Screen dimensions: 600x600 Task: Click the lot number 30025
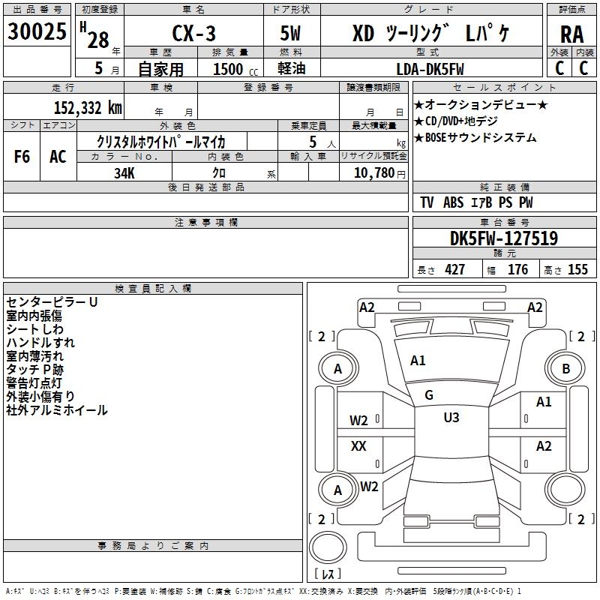click(37, 33)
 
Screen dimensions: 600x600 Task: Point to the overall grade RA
click(571, 34)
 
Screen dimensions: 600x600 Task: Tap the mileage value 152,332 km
click(87, 107)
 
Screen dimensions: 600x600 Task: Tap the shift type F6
click(22, 157)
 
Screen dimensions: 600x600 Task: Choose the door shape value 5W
click(292, 34)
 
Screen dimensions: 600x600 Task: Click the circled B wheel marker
click(566, 368)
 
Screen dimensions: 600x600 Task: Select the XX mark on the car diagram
click(358, 446)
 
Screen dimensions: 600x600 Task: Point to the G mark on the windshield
click(429, 395)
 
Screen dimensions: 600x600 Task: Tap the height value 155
click(577, 270)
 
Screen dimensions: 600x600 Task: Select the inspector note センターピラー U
click(52, 302)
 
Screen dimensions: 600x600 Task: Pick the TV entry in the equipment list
click(427, 202)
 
